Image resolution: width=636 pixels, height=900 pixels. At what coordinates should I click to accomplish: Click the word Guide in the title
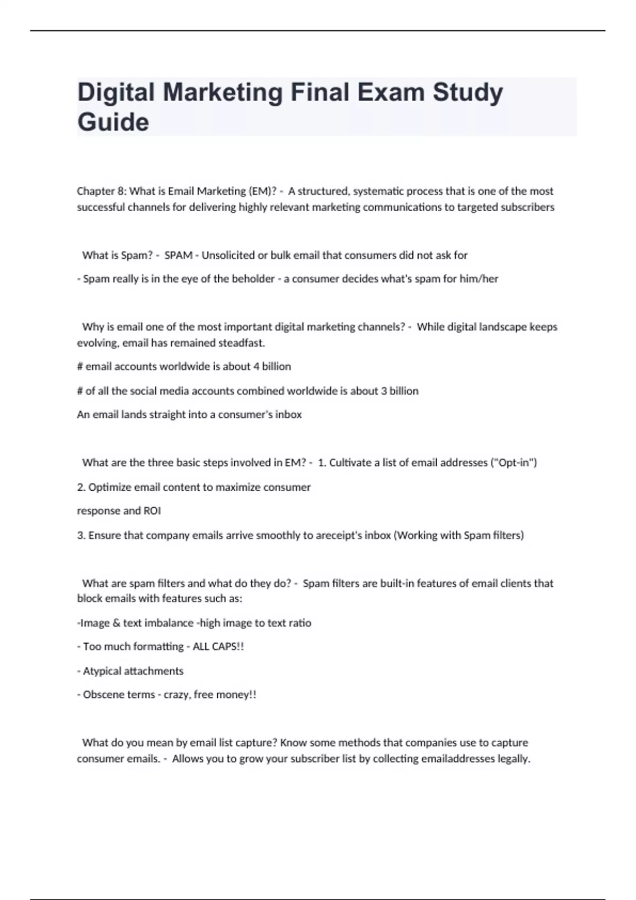click(x=113, y=122)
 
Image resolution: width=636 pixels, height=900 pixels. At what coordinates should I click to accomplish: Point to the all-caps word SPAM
click(x=178, y=255)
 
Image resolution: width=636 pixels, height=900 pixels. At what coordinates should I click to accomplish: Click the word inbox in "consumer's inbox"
click(x=288, y=415)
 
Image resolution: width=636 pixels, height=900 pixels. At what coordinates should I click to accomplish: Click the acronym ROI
click(x=152, y=511)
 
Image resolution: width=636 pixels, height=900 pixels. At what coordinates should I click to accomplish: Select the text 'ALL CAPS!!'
click(x=218, y=646)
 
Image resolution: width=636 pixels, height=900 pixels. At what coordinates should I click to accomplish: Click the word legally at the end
click(x=513, y=759)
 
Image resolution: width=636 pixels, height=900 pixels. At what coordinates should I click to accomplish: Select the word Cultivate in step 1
click(x=350, y=463)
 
